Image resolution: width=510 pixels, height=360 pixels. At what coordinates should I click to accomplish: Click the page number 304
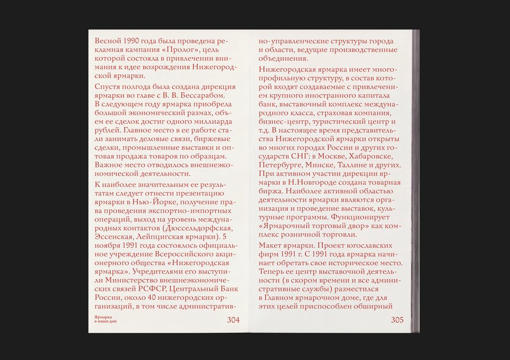coord(233,320)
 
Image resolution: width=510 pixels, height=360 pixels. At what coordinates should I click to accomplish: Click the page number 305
coord(397,320)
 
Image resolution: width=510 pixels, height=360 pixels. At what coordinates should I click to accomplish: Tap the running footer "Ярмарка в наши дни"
coord(105,319)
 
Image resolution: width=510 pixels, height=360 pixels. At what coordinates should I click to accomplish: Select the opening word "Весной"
coord(108,41)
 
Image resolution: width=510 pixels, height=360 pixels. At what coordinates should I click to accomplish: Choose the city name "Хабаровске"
coord(375,156)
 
